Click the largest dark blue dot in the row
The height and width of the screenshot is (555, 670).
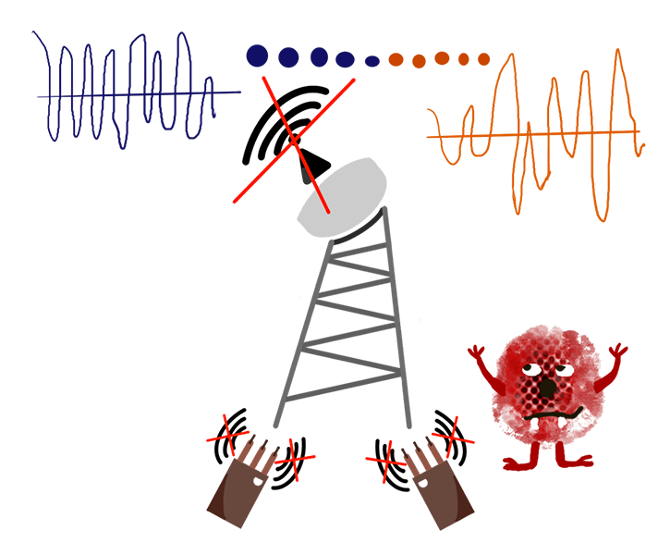262,58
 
